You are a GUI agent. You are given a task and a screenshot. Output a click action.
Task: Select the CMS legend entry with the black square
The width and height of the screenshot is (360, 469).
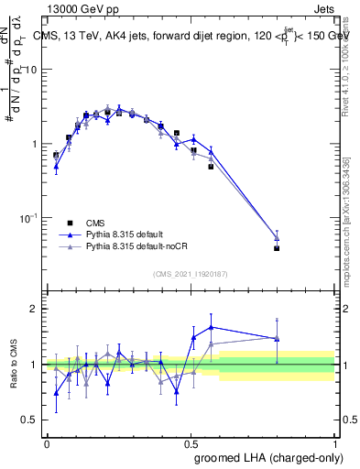[x=70, y=223]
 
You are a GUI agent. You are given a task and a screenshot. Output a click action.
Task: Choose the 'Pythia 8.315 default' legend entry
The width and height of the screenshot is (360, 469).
[x=70, y=234]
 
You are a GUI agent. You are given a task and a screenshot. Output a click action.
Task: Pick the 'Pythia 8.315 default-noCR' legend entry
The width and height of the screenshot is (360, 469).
[x=70, y=246]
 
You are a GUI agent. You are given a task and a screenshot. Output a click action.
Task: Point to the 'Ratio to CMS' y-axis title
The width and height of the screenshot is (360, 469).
[x=14, y=364]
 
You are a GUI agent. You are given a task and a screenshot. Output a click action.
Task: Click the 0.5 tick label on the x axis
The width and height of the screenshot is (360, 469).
[x=191, y=442]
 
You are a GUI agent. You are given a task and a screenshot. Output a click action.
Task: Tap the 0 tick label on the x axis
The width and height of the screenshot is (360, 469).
[x=47, y=442]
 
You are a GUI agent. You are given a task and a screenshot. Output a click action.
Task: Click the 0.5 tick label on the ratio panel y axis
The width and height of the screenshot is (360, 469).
[x=29, y=420]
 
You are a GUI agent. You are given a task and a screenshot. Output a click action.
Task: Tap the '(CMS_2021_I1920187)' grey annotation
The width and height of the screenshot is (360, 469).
[x=191, y=273]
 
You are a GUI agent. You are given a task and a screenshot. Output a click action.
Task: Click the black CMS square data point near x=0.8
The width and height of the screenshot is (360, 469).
[x=277, y=248]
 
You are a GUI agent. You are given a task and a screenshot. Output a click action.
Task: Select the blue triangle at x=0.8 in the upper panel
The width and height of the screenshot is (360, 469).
[x=277, y=238]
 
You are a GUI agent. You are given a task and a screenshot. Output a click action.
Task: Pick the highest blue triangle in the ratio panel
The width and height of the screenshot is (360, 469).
[x=212, y=326]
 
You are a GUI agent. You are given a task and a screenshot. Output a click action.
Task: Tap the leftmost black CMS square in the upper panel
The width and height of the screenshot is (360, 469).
[x=56, y=156]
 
